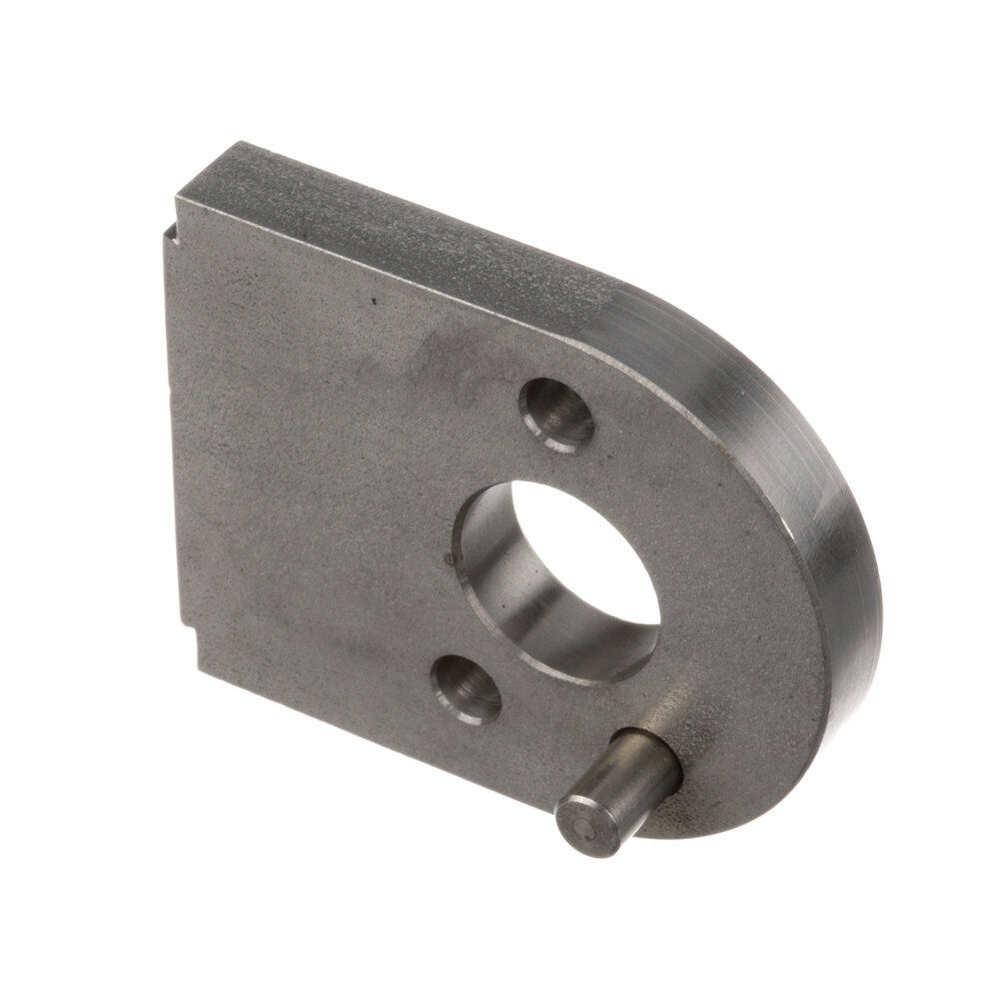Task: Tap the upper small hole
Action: point(556,412)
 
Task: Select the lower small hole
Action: point(466,687)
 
